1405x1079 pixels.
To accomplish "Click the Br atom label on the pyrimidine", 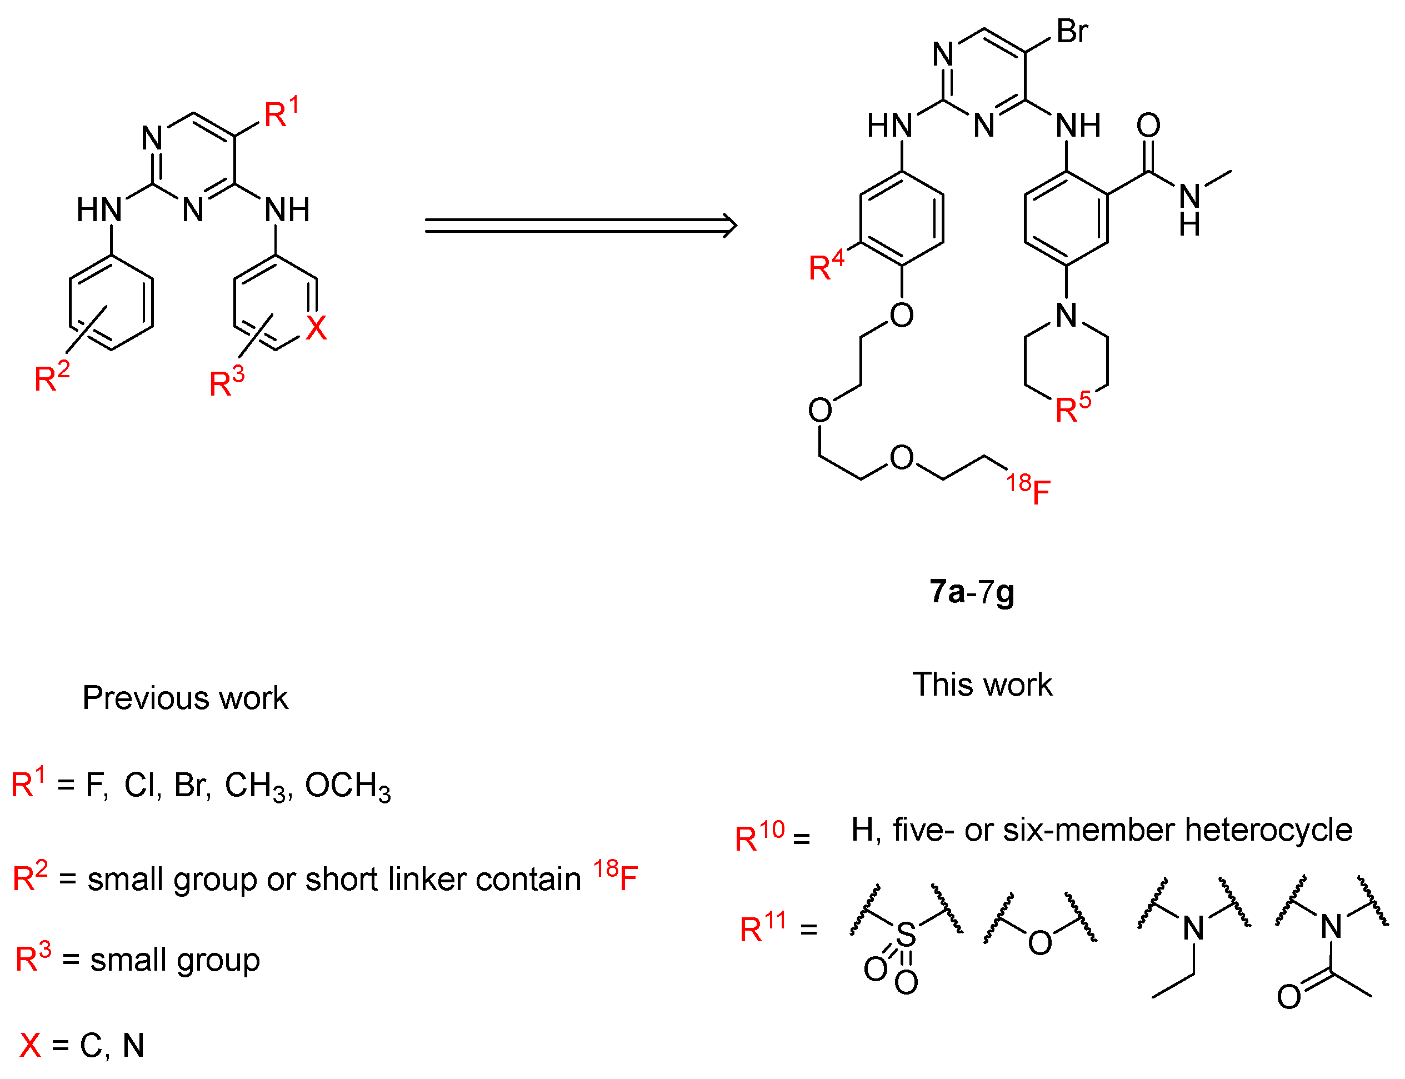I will (1072, 32).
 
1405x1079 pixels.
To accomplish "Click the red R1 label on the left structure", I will (281, 114).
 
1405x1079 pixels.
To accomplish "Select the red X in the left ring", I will (316, 328).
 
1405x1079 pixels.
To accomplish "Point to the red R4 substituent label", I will (826, 265).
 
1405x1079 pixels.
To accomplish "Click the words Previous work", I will (185, 697).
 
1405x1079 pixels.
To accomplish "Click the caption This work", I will (982, 685).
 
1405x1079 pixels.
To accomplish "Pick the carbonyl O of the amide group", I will (1148, 125).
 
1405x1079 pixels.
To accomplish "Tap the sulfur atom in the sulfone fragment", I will (906, 935).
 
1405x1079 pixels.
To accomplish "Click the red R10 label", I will (759, 836).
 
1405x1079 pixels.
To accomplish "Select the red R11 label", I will (762, 927).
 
